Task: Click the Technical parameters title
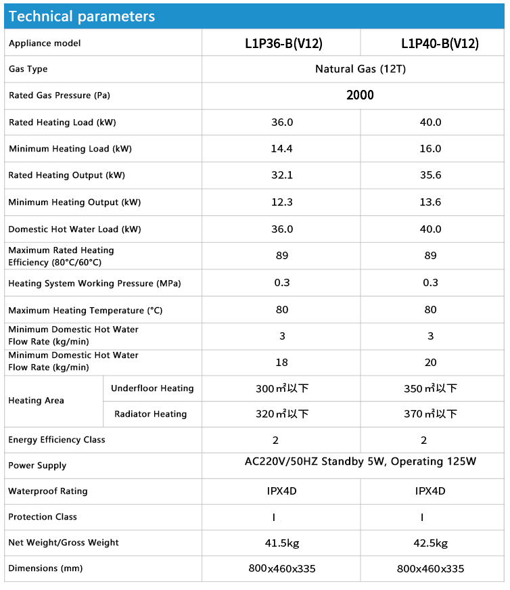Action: [82, 16]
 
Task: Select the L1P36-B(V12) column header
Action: [283, 43]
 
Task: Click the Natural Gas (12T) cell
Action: [360, 69]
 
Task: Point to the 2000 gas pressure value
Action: [360, 95]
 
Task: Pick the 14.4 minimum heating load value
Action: [281, 149]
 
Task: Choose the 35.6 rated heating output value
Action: [430, 175]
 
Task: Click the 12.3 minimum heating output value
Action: [281, 202]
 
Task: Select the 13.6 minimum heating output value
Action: [430, 202]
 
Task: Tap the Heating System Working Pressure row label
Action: [95, 283]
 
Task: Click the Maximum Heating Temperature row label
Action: [85, 311]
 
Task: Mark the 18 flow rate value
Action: [281, 363]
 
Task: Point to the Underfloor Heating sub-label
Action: [152, 388]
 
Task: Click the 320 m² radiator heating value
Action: [281, 414]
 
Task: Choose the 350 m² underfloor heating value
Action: [430, 388]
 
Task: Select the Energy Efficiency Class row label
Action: [57, 440]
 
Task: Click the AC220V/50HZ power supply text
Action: [360, 462]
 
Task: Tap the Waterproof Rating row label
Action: [48, 491]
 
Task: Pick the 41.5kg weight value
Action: [281, 543]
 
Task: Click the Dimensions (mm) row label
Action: [45, 568]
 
